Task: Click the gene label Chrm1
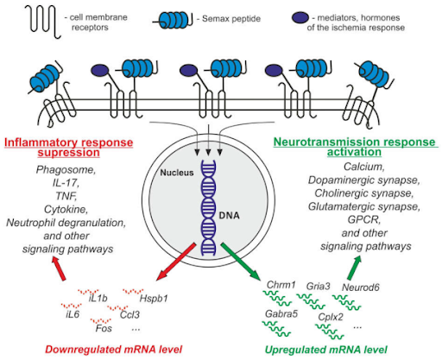282,284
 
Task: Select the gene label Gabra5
281,313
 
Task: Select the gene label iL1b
98,297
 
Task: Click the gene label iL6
73,315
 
